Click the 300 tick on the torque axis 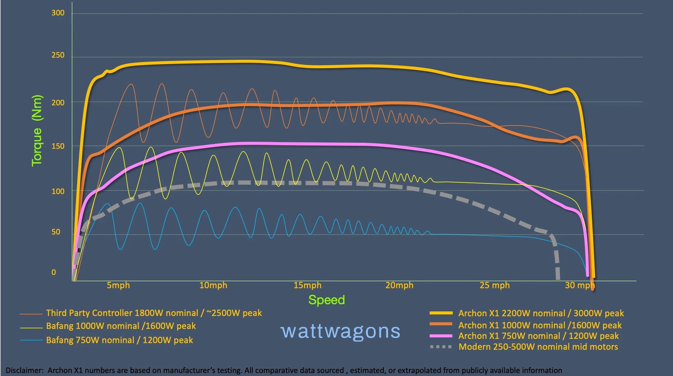click(58, 13)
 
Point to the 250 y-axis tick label click(58, 55)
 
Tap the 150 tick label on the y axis click(58, 146)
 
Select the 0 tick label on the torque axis click(54, 272)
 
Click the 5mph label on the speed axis click(118, 285)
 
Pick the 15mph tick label click(307, 285)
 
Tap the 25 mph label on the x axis click(494, 285)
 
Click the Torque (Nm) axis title click(37, 131)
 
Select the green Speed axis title click(326, 300)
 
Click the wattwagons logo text click(340, 331)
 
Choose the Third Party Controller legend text click(154, 313)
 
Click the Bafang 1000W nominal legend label click(121, 326)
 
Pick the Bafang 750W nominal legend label click(119, 340)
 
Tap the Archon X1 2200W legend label click(541, 313)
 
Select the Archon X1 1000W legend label click(540, 326)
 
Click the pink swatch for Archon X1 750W click(441, 336)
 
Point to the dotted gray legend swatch click(441, 347)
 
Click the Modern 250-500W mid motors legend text click(538, 347)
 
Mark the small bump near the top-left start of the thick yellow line click(107, 71)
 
